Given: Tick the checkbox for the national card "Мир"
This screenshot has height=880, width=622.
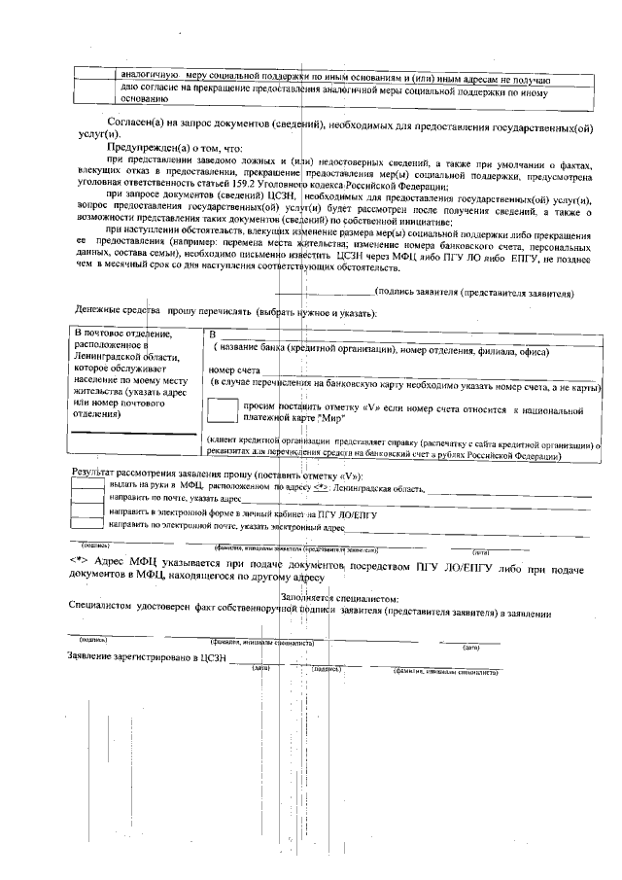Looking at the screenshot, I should point(223,411).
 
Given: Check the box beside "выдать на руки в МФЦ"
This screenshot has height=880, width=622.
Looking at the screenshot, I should point(87,483).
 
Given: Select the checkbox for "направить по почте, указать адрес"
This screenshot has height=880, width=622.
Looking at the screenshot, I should point(87,497).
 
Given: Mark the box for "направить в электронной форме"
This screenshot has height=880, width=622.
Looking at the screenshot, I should point(87,511).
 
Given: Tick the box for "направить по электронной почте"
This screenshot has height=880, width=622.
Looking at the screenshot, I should point(87,525).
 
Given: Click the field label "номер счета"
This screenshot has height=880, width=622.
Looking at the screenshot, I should point(234,370).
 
